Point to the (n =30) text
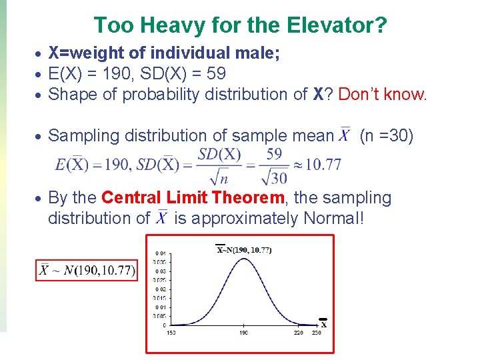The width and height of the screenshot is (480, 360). point(387,136)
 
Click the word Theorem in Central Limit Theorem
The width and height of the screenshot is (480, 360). point(247,198)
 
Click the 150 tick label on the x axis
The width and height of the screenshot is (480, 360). point(172,332)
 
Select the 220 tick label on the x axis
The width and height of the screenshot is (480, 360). point(298,332)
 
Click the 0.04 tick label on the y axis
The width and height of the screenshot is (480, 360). point(161,253)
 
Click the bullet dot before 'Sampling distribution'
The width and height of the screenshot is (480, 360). point(40,137)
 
